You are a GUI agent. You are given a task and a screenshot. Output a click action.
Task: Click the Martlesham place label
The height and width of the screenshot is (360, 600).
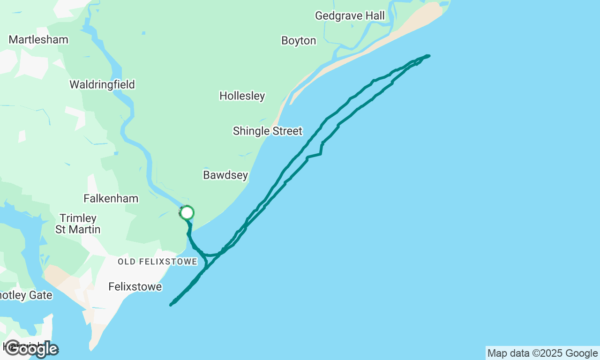[38, 40]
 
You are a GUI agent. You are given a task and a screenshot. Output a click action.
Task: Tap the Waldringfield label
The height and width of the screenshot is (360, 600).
[102, 85]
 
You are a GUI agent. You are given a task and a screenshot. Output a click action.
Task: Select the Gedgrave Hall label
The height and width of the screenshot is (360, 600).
[350, 16]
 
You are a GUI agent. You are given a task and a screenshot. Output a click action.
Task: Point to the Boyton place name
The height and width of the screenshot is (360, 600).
[299, 41]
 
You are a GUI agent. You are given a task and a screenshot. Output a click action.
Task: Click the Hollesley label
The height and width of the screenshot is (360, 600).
[242, 96]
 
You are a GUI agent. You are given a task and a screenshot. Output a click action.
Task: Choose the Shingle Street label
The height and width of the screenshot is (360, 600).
[268, 131]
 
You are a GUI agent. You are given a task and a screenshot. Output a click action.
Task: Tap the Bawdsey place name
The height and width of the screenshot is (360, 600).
[225, 175]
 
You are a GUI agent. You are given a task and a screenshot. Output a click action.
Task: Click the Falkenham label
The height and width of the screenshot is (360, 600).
[111, 199]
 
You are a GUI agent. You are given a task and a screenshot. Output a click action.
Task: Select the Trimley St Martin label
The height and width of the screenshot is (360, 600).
[78, 224]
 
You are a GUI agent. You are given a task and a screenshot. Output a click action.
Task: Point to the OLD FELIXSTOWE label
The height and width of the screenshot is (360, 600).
[157, 262]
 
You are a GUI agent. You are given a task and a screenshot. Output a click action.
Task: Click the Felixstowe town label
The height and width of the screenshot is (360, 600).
[135, 286]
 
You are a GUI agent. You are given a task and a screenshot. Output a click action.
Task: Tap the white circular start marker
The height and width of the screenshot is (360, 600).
[187, 213]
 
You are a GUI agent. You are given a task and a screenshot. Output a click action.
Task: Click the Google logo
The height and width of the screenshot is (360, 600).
[31, 349]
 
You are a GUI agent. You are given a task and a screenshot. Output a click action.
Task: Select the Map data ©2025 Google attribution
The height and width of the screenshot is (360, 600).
[542, 353]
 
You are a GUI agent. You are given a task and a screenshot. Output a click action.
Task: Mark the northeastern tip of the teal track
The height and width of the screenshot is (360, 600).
[428, 56]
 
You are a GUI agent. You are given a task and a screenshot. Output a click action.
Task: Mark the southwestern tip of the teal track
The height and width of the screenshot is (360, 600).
[171, 305]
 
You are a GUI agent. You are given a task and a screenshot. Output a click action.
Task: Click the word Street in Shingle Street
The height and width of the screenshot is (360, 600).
[287, 131]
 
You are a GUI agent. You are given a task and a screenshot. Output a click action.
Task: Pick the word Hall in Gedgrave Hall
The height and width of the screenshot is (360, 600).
[375, 16]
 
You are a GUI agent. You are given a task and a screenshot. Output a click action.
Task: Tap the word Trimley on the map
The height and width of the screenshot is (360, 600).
[78, 218]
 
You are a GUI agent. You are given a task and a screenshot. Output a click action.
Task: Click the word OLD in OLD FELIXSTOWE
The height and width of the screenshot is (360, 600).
[126, 262]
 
